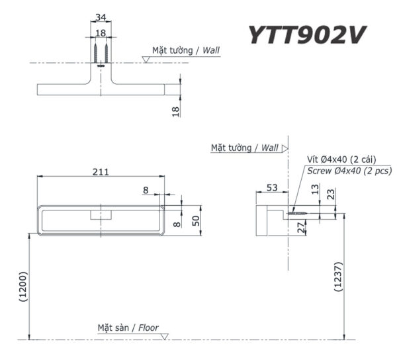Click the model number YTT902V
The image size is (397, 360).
pos(306,35)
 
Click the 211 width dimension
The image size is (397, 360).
pos(101,171)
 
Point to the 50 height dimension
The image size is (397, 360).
pos(196,220)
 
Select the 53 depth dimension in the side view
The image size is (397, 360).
pos(271,188)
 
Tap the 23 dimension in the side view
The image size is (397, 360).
pos(331,194)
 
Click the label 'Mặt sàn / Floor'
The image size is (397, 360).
pos(128,328)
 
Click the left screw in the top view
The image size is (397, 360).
pos(97,52)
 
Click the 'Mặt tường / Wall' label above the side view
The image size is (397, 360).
pos(244,148)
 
